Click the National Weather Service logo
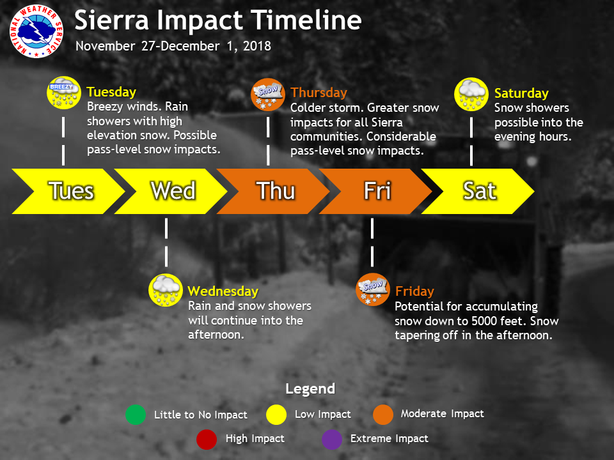(36, 32)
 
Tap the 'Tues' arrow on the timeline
(68, 191)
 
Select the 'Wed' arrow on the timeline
(171, 191)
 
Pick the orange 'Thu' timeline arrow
(273, 191)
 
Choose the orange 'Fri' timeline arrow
(375, 191)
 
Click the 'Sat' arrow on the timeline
(478, 191)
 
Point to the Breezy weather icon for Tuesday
(64, 93)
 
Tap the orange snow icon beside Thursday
(268, 95)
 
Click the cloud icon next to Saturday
(471, 95)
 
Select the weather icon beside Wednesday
(166, 290)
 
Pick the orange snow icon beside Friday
(373, 289)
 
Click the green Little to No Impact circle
(136, 415)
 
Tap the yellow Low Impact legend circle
(276, 415)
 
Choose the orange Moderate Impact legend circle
(383, 415)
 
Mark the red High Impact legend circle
(207, 440)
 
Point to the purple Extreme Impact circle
(332, 440)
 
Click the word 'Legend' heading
(310, 389)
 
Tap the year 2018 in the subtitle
(257, 46)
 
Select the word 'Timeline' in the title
(306, 20)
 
